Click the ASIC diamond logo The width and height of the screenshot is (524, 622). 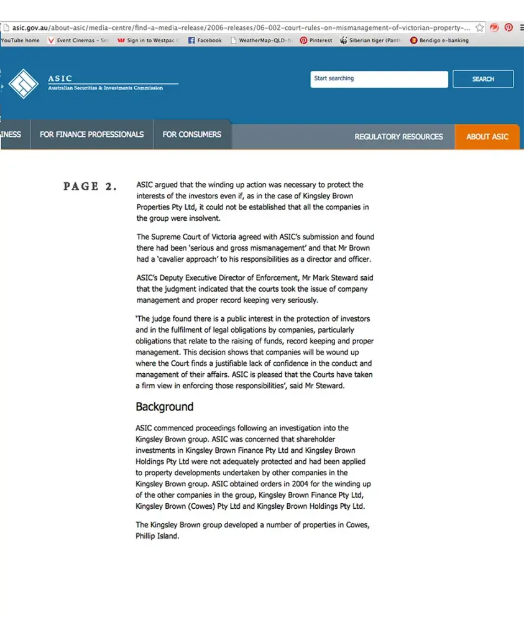tap(24, 83)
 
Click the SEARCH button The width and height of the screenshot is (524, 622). tap(483, 79)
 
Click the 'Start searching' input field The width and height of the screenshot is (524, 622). tap(379, 79)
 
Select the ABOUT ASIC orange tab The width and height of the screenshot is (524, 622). tap(487, 136)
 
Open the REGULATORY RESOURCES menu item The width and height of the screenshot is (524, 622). tap(398, 136)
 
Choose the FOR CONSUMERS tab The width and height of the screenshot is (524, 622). tap(191, 134)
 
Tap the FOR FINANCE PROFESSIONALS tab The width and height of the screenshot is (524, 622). tap(91, 134)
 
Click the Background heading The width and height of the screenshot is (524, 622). tap(165, 407)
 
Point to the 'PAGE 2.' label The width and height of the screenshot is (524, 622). tap(90, 186)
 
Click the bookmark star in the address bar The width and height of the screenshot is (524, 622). tap(479, 28)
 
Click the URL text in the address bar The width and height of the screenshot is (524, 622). tap(236, 28)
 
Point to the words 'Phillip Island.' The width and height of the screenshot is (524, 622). tap(157, 536)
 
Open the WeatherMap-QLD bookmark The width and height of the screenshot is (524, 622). tap(260, 40)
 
